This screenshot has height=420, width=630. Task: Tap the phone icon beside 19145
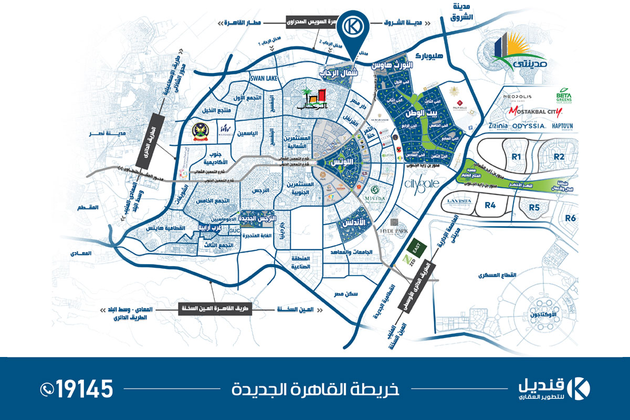point(47,389)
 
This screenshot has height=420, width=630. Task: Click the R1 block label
point(517,156)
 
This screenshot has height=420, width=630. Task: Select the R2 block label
point(559,156)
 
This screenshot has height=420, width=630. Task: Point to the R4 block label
point(490,205)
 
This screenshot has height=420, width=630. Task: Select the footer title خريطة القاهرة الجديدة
point(315,390)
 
